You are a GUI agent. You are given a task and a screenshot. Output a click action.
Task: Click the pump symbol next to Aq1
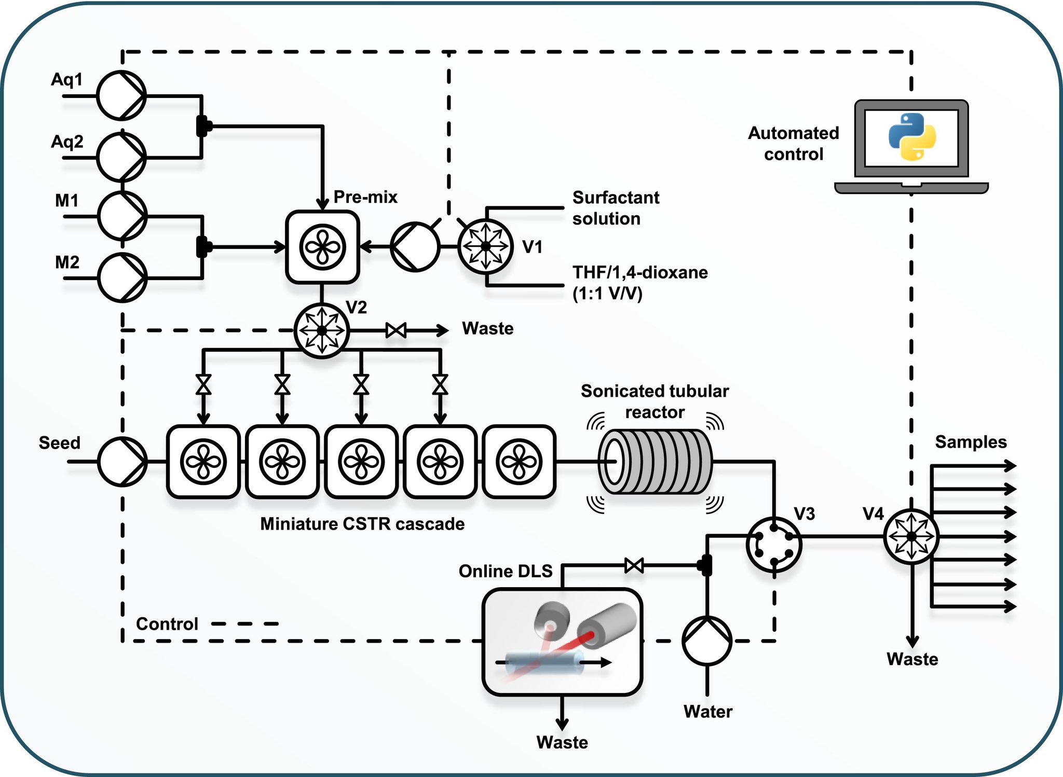click(121, 95)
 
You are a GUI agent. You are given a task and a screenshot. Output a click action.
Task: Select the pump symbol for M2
click(122, 277)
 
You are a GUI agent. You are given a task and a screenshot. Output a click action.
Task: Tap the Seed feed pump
click(122, 461)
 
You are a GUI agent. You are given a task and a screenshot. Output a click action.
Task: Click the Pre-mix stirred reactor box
click(322, 247)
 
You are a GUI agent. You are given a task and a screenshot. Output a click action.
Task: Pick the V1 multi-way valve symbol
click(485, 247)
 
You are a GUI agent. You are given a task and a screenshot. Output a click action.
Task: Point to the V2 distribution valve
click(322, 330)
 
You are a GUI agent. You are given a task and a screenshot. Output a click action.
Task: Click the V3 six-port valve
click(774, 544)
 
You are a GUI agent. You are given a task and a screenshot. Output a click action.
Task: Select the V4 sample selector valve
click(911, 536)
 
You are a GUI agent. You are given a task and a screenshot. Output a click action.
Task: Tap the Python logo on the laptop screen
click(912, 137)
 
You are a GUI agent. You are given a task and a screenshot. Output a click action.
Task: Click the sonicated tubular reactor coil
click(656, 461)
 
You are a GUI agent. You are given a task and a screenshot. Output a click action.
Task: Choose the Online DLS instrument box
click(562, 642)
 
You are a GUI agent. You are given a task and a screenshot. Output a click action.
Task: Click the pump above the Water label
click(707, 641)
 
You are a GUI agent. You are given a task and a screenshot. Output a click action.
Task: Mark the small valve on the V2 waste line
click(396, 330)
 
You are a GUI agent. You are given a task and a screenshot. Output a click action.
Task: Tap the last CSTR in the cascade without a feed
click(519, 461)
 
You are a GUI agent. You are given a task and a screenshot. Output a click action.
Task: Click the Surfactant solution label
click(616, 208)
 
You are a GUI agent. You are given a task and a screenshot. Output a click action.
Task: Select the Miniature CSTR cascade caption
click(362, 524)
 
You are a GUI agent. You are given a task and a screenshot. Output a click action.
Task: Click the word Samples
click(971, 442)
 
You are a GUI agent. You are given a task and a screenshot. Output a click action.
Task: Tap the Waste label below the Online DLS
click(562, 742)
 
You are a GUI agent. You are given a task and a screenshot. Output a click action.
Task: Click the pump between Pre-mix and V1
click(415, 247)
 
